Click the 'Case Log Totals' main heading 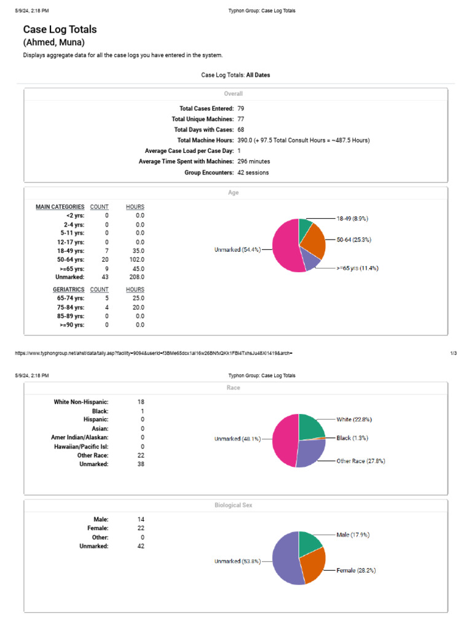tap(60, 29)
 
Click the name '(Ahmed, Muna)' tap(53, 42)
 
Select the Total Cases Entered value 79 tap(241, 108)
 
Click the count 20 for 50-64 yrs tap(105, 259)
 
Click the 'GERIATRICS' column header tap(68, 289)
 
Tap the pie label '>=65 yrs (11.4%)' tap(356, 268)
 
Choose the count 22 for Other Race tap(141, 455)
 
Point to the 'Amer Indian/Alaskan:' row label tap(79, 437)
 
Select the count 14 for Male tap(141, 519)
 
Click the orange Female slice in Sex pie tap(313, 568)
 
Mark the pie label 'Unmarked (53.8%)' tap(237, 561)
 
